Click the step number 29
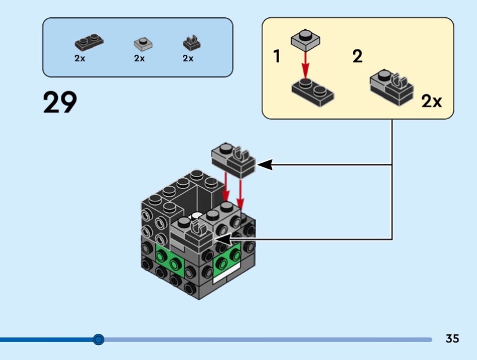[x=60, y=102]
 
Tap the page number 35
[x=452, y=339]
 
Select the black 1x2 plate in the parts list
[x=89, y=43]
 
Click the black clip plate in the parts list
[x=191, y=43]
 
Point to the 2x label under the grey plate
[x=140, y=58]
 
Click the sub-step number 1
[x=277, y=57]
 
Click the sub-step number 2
[x=357, y=57]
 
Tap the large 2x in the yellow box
[x=432, y=101]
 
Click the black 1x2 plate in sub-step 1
[x=312, y=92]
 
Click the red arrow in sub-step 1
[x=305, y=63]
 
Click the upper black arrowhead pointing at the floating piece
[x=264, y=164]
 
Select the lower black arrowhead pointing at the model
[x=222, y=239]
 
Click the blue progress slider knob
[x=99, y=340]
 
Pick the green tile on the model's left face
[x=169, y=257]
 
